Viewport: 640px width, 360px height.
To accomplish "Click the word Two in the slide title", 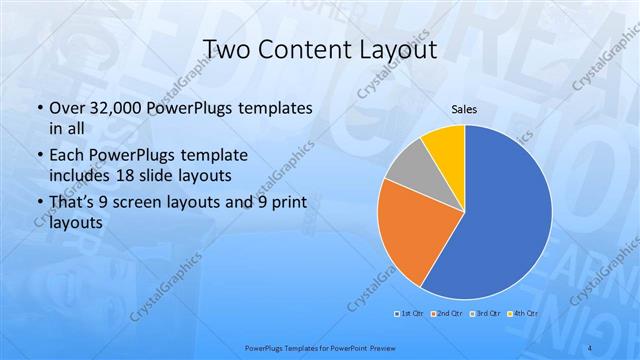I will (227, 49).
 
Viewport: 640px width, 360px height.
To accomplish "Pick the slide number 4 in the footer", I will (591, 348).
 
